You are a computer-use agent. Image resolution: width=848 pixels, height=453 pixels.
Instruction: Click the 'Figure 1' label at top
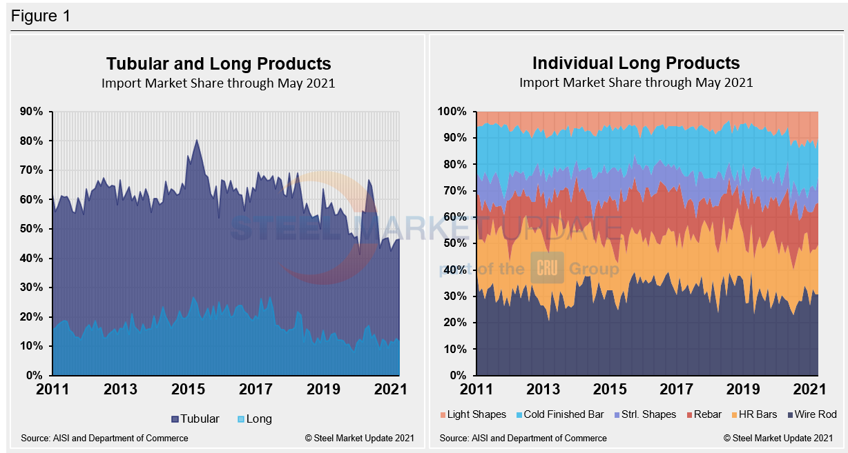click(x=41, y=16)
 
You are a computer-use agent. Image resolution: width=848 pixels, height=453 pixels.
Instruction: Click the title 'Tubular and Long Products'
click(x=218, y=64)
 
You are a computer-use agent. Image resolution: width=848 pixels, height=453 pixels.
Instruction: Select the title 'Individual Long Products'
click(x=635, y=63)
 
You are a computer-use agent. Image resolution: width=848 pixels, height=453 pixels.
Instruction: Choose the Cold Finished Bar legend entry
click(x=555, y=414)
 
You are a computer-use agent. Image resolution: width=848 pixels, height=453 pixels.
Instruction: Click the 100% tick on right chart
click(x=453, y=112)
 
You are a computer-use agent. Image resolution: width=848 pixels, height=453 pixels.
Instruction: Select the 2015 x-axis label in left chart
click(x=189, y=389)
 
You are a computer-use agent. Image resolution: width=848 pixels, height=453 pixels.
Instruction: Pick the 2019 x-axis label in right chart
click(x=744, y=389)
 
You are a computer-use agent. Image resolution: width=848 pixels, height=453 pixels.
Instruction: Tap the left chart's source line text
click(x=104, y=438)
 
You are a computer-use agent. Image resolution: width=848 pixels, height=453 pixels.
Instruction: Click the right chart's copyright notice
click(x=779, y=438)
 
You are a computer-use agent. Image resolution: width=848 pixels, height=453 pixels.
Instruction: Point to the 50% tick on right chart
click(x=455, y=243)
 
